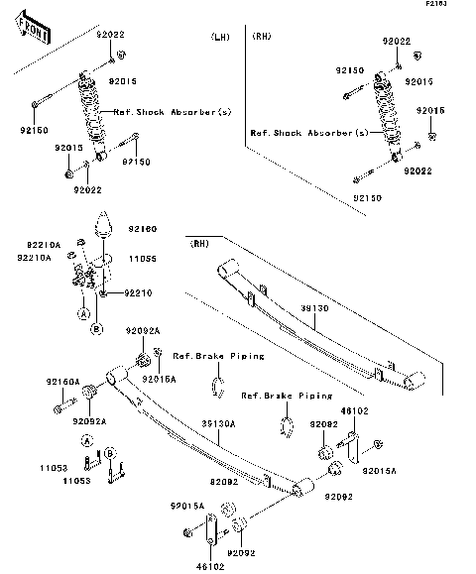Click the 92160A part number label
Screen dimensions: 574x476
(x=61, y=382)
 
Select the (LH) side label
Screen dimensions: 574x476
(x=220, y=37)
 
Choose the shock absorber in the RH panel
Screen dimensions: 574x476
(x=384, y=118)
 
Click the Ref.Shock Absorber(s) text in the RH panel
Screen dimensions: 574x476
(x=308, y=133)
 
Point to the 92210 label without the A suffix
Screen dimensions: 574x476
(x=139, y=293)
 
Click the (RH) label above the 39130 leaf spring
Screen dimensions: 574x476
(x=200, y=241)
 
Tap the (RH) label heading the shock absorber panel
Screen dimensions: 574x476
(x=263, y=37)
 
